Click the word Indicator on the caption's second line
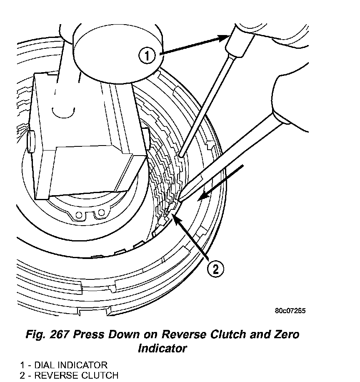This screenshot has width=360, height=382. coord(162,348)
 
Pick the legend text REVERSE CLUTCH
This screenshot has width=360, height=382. coord(76,375)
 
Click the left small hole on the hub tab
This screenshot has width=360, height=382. coord(79,216)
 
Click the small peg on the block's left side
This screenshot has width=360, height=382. coord(30,141)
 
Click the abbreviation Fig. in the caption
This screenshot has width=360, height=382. coord(35,335)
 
